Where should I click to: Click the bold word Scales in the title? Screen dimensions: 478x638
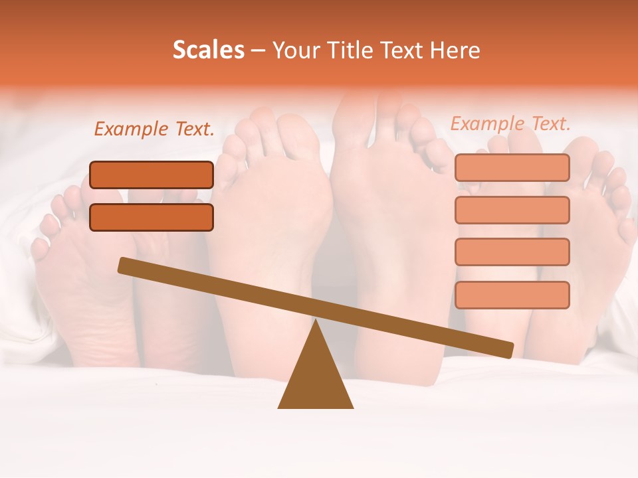coord(208,50)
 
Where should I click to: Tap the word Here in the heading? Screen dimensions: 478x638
coord(455,50)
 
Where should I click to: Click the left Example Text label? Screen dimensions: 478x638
coord(154,129)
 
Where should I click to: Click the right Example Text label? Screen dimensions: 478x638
coord(510,123)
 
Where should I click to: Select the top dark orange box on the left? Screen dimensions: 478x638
coord(152,175)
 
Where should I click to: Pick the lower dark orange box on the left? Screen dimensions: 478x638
coord(152,217)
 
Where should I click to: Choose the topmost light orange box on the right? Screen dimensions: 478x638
coord(512,167)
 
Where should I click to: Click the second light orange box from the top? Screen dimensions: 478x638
coord(512,210)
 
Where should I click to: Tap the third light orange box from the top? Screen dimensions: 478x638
coord(512,252)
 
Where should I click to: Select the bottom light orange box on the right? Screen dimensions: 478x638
coord(512,295)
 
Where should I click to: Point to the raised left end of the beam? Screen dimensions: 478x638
coord(124,265)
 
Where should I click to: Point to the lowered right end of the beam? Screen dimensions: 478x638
coord(508,350)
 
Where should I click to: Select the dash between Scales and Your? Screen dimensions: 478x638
coord(258,50)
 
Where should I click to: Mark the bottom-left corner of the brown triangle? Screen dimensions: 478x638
coord(279,407)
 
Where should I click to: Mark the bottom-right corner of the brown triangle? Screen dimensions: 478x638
coord(352,407)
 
